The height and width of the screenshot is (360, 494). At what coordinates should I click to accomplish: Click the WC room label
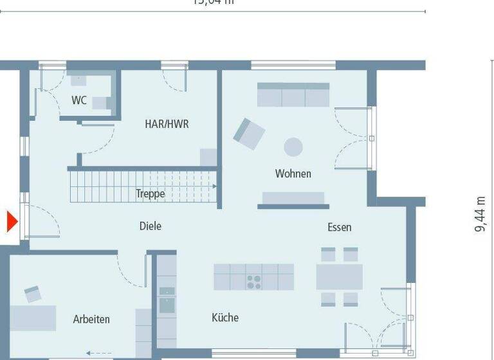[x=79, y=100]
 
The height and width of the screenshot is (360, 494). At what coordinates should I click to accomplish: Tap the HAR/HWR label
[x=167, y=124]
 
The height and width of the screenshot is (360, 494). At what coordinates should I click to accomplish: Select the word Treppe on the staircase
[x=150, y=194]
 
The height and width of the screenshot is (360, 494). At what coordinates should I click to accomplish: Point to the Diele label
[x=150, y=226]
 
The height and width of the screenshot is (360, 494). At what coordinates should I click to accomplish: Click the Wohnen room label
[x=293, y=174]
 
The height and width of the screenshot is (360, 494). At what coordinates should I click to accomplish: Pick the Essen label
[x=339, y=227]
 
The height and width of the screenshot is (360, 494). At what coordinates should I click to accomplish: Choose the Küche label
[x=224, y=318]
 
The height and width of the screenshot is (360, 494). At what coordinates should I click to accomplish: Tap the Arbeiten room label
[x=91, y=319]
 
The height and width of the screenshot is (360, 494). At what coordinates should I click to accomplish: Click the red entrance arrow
[x=11, y=222]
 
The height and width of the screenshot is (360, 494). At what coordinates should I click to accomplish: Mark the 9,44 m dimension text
[x=480, y=215]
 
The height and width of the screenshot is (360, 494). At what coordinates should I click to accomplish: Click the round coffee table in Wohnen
[x=293, y=147]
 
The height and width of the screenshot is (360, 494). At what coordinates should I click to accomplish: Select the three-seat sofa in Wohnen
[x=293, y=94]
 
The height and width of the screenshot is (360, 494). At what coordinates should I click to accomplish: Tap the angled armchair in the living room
[x=248, y=133]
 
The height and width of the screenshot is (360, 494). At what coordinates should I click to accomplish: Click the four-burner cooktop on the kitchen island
[x=253, y=282]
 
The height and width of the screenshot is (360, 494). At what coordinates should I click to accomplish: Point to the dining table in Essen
[x=339, y=276]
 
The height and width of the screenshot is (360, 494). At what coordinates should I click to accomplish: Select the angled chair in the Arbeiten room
[x=33, y=294]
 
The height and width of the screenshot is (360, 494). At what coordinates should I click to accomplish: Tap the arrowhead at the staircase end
[x=214, y=186]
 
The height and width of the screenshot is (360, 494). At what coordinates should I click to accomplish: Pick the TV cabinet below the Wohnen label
[x=293, y=199]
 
